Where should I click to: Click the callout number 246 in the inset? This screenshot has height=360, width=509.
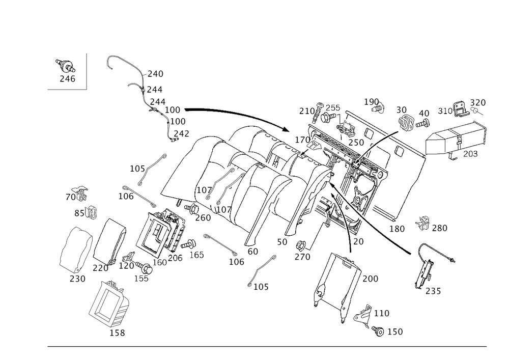click(x=67, y=78)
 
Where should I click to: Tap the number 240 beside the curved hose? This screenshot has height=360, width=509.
click(x=155, y=74)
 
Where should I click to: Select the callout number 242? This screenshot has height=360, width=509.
click(x=181, y=133)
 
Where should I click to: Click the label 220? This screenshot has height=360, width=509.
click(x=101, y=268)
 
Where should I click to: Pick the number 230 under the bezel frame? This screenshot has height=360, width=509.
click(x=76, y=279)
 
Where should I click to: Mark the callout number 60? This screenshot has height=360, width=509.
click(x=253, y=252)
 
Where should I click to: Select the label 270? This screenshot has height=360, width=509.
click(x=302, y=257)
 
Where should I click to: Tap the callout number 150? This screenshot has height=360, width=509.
click(x=395, y=332)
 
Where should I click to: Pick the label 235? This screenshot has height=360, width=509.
click(x=433, y=292)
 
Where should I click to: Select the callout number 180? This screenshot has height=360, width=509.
click(x=397, y=229)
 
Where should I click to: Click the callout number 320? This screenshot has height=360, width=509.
click(x=478, y=102)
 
